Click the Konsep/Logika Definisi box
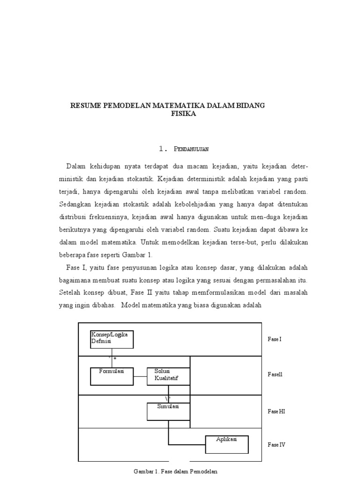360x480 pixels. [x=112, y=339]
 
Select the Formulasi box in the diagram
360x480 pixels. [x=112, y=376]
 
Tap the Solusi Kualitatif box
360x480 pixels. [x=168, y=376]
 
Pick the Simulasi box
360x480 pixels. [x=168, y=411]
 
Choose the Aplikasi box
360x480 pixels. [x=226, y=443]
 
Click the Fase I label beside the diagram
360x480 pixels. [x=275, y=339]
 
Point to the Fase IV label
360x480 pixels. [x=276, y=444]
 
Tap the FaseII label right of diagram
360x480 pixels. [x=275, y=375]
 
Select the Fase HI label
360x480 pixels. [x=276, y=411]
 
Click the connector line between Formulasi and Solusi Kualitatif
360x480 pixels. [x=140, y=376]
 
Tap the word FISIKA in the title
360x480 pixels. [x=183, y=113]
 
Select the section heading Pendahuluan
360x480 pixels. [x=191, y=149]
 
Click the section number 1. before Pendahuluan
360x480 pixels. [x=163, y=149]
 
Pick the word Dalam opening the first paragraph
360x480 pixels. [x=76, y=166]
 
